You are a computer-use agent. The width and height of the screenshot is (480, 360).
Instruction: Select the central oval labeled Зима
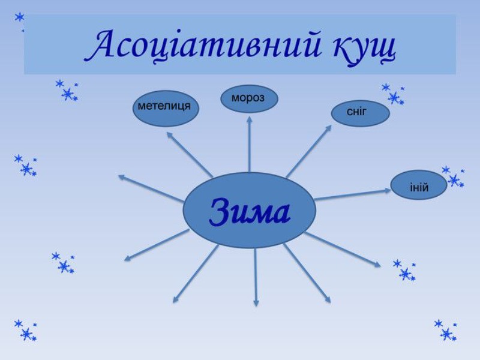coord(249,210)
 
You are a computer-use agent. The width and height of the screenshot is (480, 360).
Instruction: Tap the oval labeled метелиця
coord(165,108)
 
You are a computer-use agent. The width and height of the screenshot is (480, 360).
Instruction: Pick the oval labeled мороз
coord(249,98)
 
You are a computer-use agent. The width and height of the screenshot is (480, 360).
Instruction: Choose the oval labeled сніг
coord(360,113)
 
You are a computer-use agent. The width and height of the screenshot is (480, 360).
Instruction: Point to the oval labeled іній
coord(419,185)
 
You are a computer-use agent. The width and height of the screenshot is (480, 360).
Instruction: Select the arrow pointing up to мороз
coord(249,144)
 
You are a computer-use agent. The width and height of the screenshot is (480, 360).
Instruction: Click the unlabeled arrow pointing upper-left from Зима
coord(150,188)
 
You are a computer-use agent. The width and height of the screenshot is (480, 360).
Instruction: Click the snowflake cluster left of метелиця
coord(67,91)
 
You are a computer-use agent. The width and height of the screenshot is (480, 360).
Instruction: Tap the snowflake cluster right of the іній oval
coord(453,176)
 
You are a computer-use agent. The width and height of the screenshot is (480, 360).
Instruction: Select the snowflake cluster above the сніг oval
coord(393,94)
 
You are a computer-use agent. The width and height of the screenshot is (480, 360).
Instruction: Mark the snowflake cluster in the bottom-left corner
coord(25,330)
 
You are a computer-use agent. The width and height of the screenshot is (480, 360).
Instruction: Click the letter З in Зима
coord(220,213)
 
